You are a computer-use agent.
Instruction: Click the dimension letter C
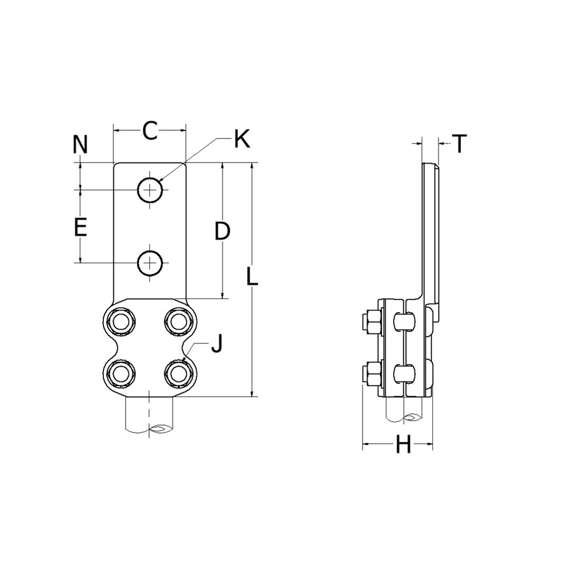[150, 131]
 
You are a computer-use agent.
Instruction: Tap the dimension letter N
[80, 144]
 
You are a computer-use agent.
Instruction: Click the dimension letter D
[222, 231]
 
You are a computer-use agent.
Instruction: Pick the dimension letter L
[252, 276]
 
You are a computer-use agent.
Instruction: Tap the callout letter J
[217, 344]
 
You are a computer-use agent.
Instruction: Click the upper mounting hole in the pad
[150, 190]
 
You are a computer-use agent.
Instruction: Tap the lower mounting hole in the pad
[150, 263]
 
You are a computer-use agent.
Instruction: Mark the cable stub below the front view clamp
[150, 416]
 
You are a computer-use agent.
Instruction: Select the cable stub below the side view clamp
[404, 410]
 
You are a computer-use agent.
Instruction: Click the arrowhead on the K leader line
[160, 180]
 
